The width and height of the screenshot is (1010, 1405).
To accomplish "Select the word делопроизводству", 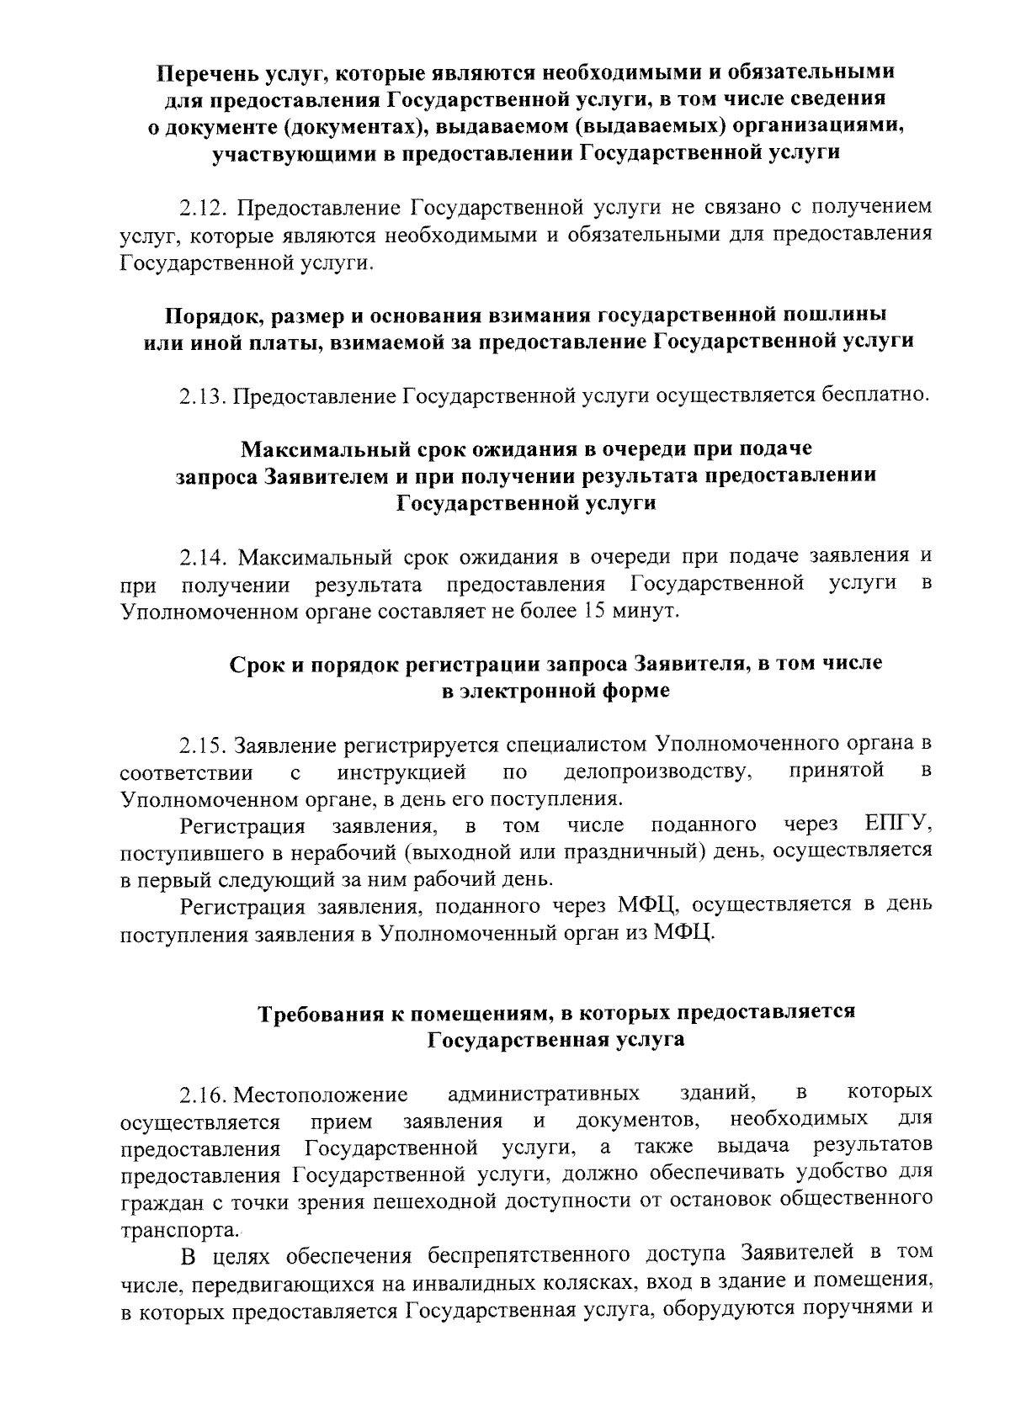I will pos(655,772).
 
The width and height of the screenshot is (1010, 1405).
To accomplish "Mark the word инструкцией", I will pos(402,772).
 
